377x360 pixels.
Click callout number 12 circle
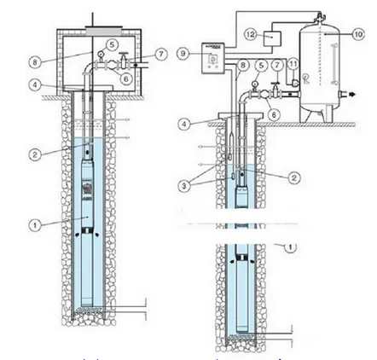point(250,34)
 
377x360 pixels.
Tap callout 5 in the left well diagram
point(113,44)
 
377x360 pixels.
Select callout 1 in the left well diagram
point(35,226)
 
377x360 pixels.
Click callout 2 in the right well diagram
point(294,177)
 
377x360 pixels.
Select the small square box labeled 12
point(272,38)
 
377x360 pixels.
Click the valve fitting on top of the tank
point(319,16)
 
